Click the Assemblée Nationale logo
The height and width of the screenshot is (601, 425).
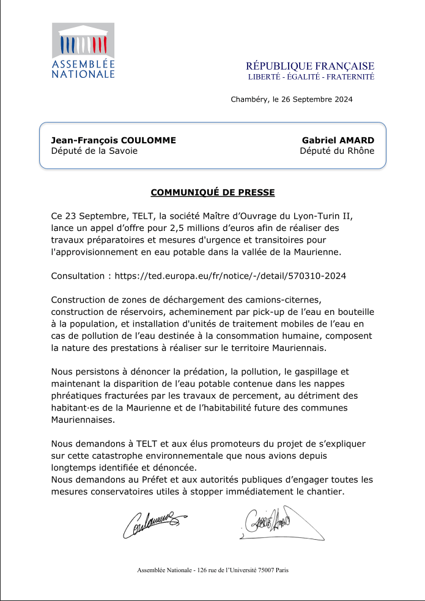coord(83,51)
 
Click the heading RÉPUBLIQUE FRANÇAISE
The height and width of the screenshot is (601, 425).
coord(310,66)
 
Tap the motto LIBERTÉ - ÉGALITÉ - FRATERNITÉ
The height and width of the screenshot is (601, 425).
coord(311,77)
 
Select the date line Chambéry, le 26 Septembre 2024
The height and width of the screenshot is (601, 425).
coord(292,99)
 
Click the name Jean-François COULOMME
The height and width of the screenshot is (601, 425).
coord(113,140)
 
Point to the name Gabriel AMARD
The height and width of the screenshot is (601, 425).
coord(338,140)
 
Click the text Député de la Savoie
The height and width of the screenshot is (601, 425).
coord(94,151)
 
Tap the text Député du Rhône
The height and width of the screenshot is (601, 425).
coord(337,151)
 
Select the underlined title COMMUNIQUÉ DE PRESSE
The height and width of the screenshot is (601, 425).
coord(213,192)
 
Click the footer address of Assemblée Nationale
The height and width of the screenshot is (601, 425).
coord(212,570)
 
